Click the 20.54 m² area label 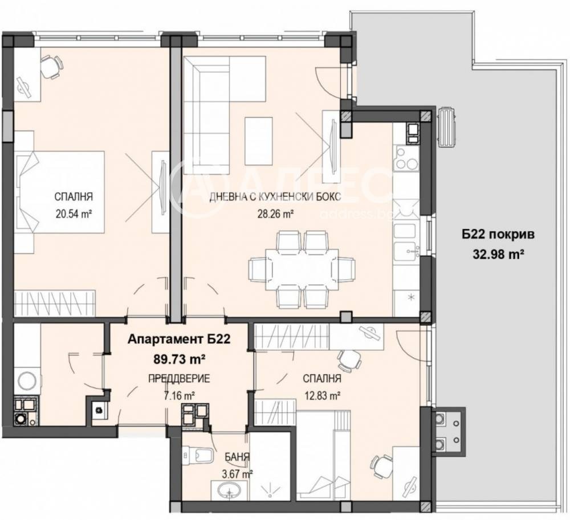pos(74,215)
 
